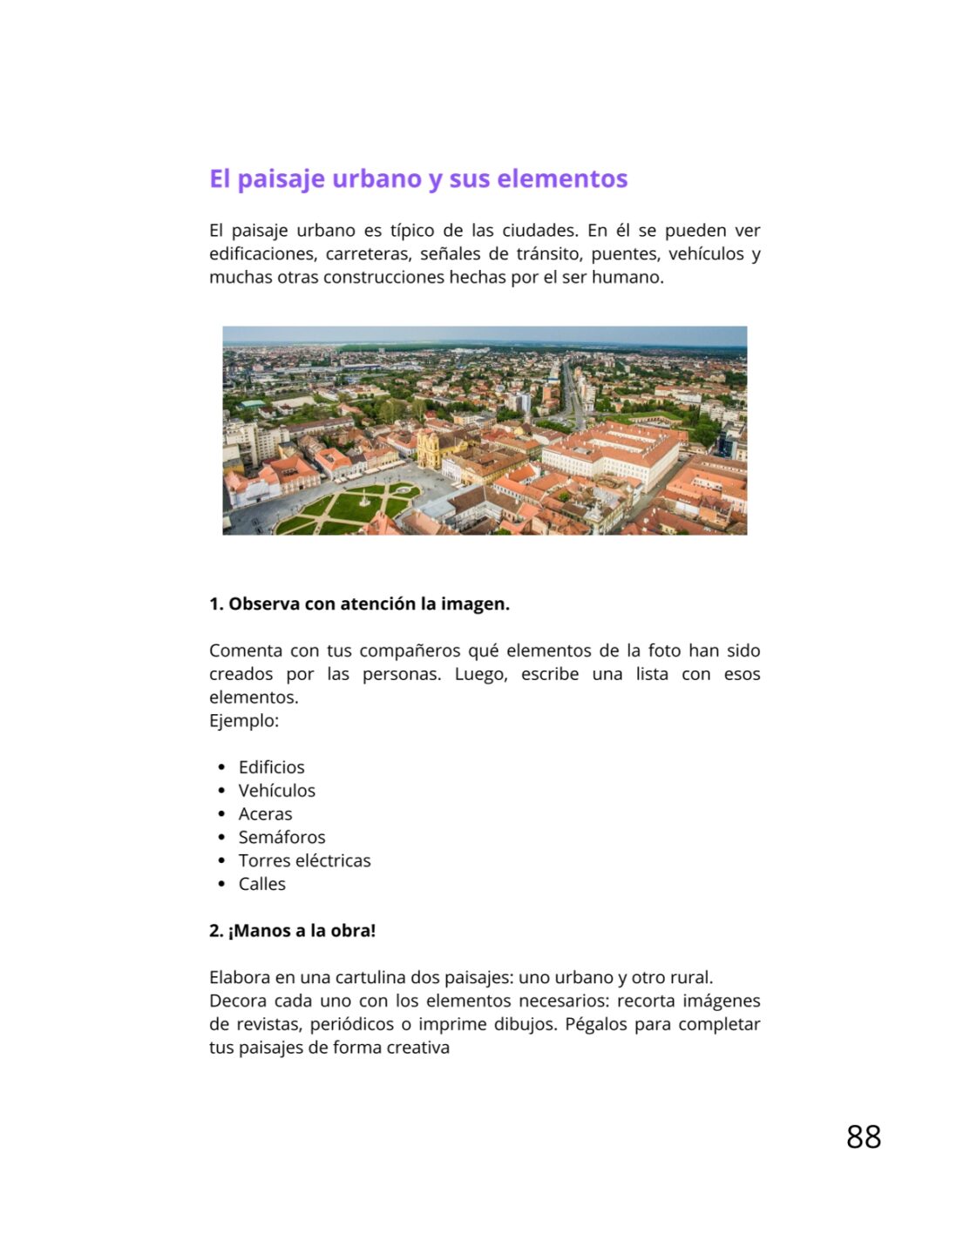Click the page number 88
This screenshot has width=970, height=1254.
coord(864,1136)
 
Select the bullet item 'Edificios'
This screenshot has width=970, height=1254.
coord(271,767)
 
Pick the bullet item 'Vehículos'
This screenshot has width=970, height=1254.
coord(276,791)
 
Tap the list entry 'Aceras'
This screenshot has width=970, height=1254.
coord(265,814)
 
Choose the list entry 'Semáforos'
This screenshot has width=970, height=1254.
coord(282,838)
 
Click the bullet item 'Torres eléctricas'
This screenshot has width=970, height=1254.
coord(304,861)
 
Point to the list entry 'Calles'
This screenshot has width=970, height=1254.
coord(261,884)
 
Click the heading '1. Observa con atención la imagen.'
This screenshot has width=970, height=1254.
coord(359,604)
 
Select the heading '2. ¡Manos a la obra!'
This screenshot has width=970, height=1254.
coord(292,931)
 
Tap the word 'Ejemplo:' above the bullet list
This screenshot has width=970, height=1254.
coord(244,721)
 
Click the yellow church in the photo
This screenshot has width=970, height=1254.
coord(429,448)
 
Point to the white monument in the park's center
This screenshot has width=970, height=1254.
coord(363,499)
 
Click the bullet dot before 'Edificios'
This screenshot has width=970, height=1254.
coord(221,767)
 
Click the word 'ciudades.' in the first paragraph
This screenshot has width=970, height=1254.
coord(539,231)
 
